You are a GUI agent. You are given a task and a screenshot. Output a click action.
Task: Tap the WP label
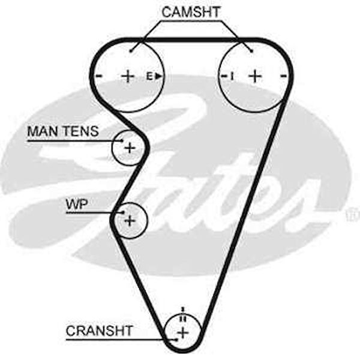pos(76,204)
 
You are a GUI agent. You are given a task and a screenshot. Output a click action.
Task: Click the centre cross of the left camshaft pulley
pos(128,76)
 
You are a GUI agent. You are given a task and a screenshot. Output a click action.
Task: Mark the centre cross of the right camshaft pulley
pos(255,76)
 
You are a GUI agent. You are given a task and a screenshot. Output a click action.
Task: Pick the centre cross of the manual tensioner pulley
pos(128,147)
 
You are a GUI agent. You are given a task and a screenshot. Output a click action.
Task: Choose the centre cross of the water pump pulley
pos(129,221)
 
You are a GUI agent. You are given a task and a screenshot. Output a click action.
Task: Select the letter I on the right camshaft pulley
pos(231,76)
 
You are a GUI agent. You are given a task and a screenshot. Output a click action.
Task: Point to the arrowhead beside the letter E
pos(158,76)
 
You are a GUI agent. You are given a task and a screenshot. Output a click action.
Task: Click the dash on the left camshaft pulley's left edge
pos(98,76)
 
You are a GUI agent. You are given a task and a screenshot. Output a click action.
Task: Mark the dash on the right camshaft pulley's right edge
pos(283,76)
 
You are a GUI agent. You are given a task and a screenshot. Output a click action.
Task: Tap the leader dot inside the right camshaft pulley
pos(251,50)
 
